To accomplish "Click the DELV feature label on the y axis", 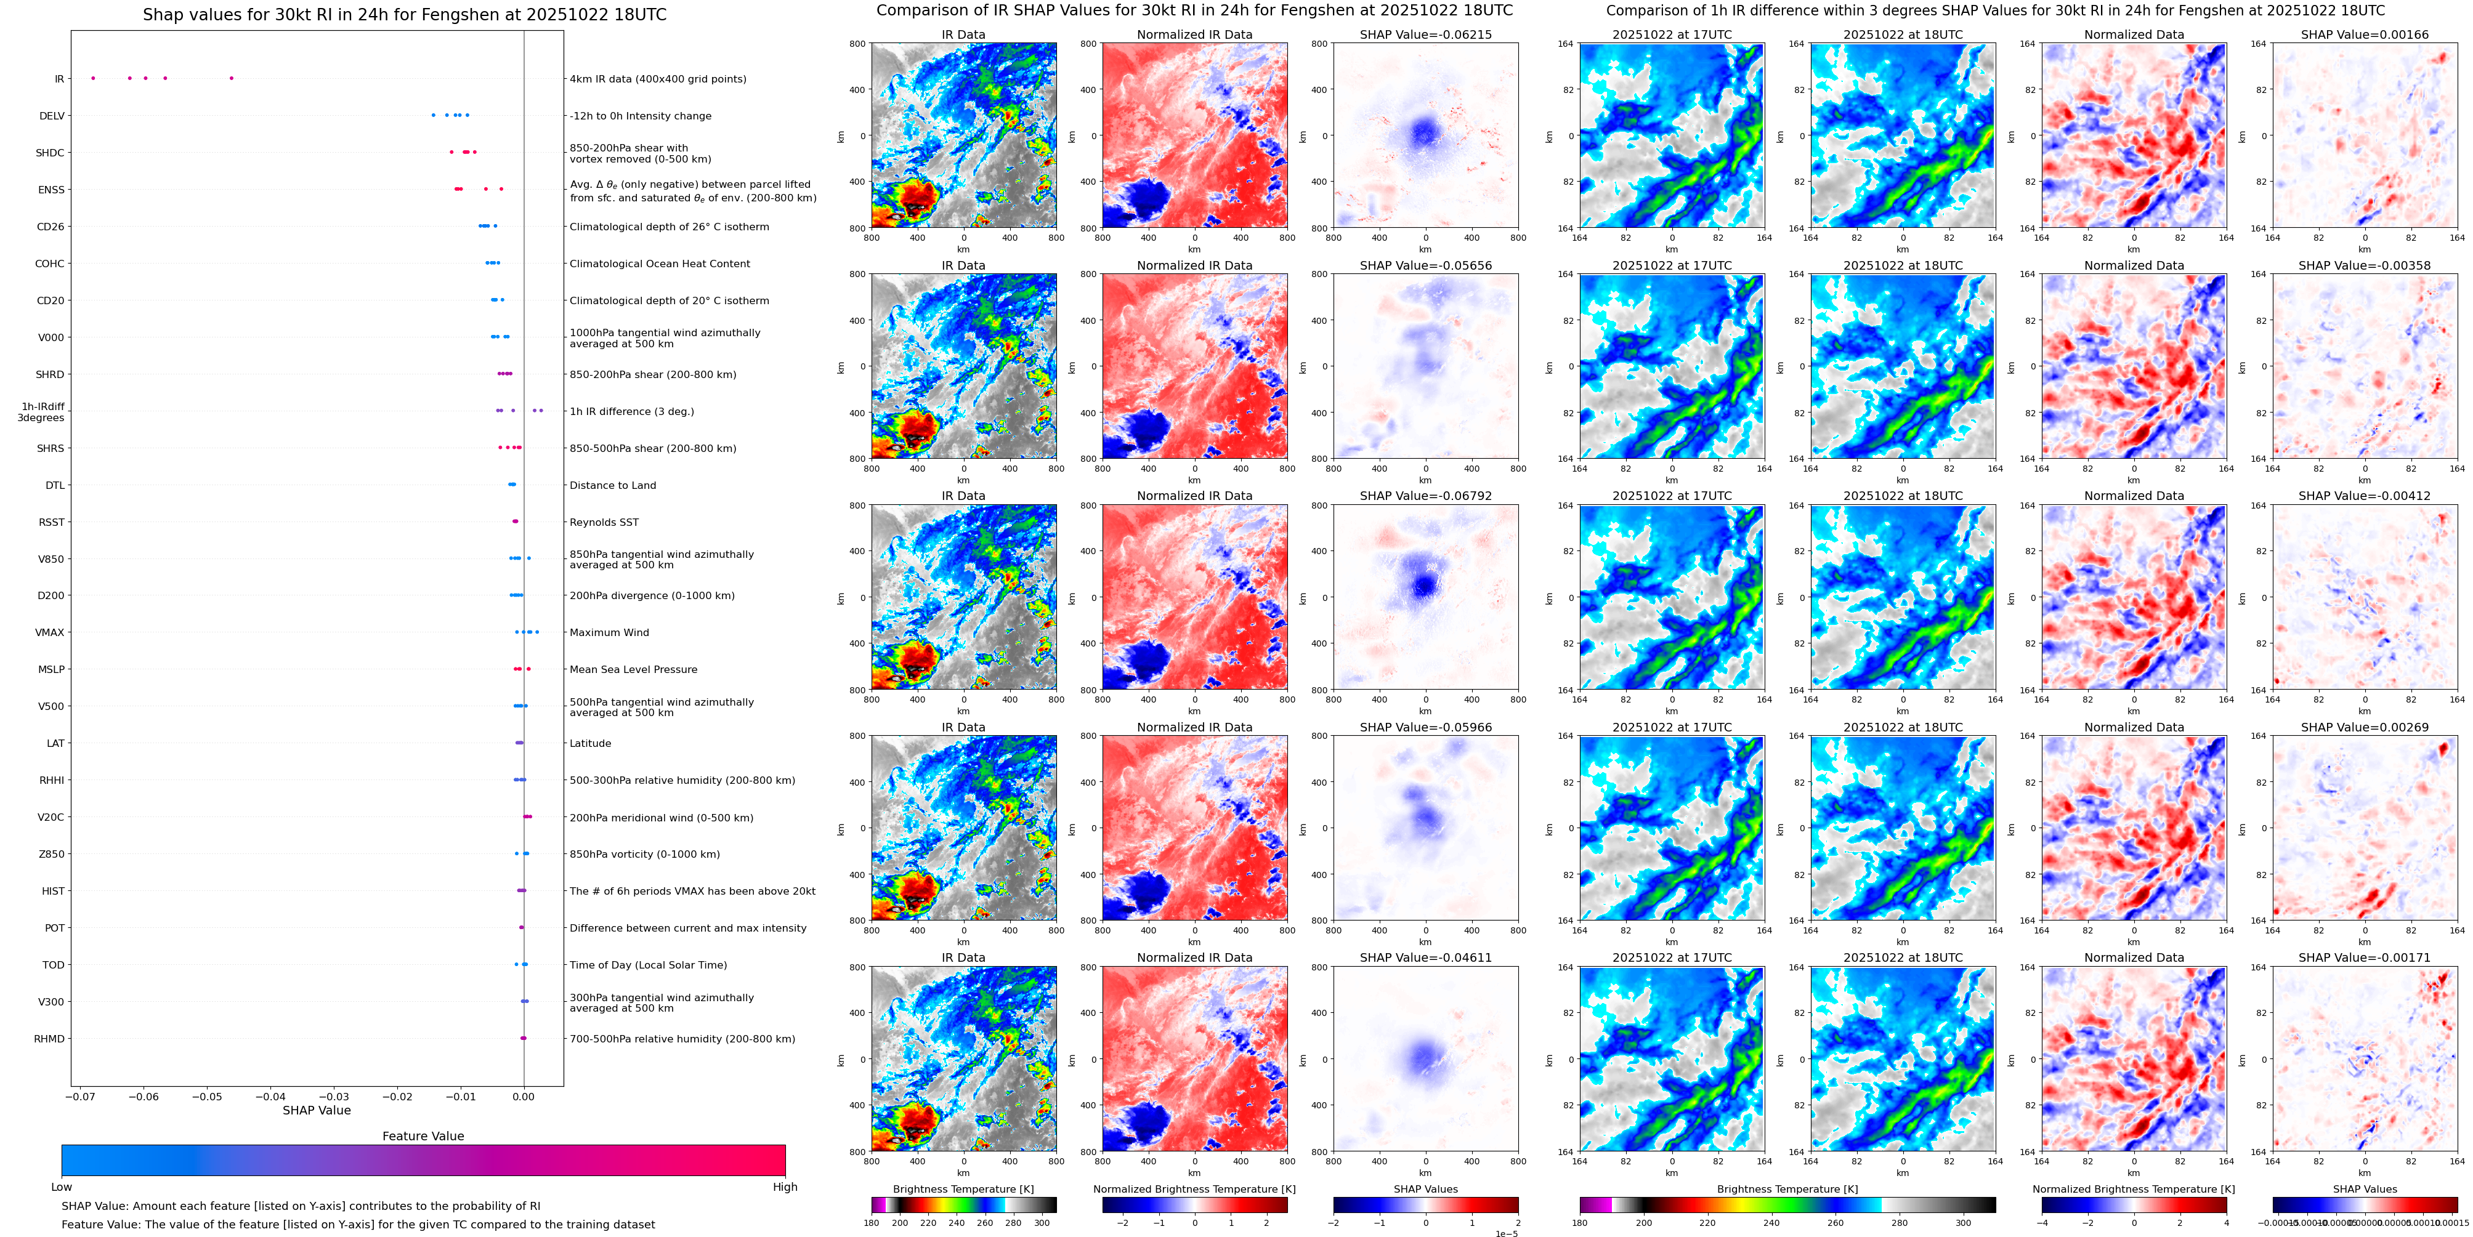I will [x=52, y=116].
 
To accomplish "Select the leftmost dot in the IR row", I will [x=93, y=78].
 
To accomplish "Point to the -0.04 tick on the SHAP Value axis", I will [x=271, y=1096].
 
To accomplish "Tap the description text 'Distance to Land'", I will [x=612, y=486].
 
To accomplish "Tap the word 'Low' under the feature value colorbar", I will [x=62, y=1187].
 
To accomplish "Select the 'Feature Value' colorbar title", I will [x=423, y=1136].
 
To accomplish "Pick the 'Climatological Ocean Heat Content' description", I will [x=660, y=264].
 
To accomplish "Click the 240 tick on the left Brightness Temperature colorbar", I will [x=956, y=1223].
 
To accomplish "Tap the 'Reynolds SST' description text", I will [x=603, y=522].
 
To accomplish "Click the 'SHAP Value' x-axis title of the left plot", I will [x=316, y=1110].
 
